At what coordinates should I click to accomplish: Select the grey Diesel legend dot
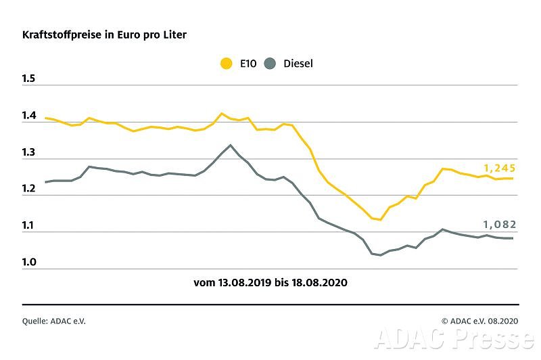(270, 64)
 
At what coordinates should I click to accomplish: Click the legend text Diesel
(298, 64)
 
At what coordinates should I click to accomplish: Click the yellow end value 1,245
(500, 167)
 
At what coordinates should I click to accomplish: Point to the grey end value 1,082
(500, 225)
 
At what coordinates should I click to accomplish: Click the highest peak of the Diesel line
(231, 145)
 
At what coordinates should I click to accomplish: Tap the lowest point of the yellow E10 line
(381, 220)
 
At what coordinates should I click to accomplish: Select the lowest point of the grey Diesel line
(381, 255)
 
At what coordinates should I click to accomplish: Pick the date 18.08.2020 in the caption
(321, 282)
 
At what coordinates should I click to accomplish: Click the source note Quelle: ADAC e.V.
(54, 321)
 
